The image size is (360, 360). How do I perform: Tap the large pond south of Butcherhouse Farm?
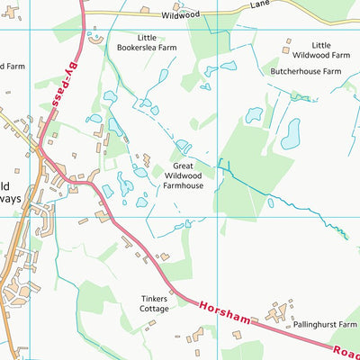[291, 133]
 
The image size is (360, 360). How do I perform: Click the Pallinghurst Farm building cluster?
[276, 314]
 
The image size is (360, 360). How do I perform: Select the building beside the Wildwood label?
[145, 10]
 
